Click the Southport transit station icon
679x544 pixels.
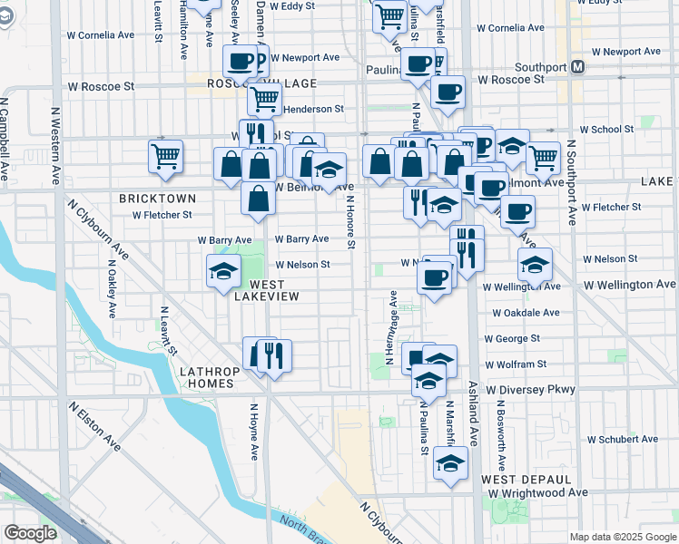click(x=577, y=67)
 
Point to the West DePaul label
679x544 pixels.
click(x=526, y=479)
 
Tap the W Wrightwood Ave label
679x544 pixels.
click(x=538, y=492)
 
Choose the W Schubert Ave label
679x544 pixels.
click(x=622, y=439)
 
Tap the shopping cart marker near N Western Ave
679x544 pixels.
click(x=166, y=157)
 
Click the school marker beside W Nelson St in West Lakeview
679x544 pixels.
click(x=223, y=271)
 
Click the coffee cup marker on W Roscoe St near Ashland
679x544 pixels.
click(x=447, y=92)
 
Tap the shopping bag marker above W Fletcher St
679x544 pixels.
click(x=259, y=198)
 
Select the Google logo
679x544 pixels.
click(x=30, y=533)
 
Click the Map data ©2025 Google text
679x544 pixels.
click(x=622, y=537)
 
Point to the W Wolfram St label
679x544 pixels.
click(x=516, y=364)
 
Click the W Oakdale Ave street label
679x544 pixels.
click(x=526, y=313)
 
